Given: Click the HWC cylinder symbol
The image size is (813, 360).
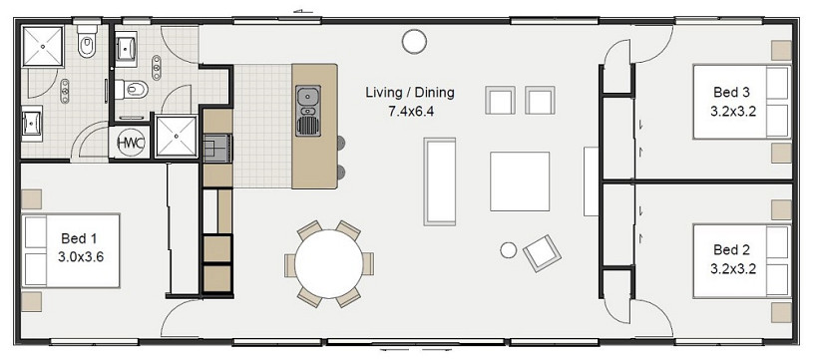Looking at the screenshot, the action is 130,143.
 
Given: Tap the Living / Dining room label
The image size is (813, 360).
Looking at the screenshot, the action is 410,93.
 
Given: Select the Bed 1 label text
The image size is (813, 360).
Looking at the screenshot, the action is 79,238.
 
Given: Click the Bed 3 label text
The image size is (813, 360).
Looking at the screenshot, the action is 731,93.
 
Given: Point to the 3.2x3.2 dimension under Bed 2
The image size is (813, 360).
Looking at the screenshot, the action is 732,269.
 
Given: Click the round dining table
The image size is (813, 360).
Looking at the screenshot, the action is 329,264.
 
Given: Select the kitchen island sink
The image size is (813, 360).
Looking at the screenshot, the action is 308,111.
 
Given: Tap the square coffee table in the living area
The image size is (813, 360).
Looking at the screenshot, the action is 520,181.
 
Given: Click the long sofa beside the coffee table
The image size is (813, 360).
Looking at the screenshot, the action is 440,181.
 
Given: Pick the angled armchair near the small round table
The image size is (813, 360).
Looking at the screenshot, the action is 542,252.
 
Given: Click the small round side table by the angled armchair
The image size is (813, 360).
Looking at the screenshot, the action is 509,250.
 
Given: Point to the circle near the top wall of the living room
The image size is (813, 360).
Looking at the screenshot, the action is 414,41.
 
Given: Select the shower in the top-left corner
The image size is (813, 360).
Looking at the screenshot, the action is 43,46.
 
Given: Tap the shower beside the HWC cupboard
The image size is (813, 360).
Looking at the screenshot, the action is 177,137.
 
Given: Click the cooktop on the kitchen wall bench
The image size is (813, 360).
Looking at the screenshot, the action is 217,149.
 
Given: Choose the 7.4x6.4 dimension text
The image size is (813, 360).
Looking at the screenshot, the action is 411,111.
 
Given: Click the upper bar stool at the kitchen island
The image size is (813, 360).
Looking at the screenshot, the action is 341,143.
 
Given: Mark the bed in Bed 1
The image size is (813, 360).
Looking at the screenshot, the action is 71,250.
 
